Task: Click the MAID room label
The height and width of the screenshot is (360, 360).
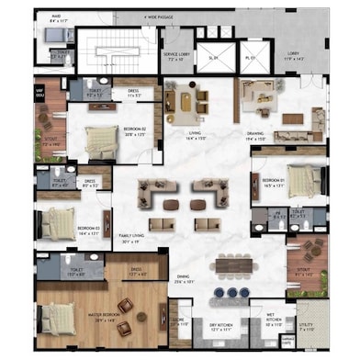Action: (55, 15)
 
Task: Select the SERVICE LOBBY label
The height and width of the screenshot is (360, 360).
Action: (177, 58)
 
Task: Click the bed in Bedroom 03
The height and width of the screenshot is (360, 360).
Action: (61, 221)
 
